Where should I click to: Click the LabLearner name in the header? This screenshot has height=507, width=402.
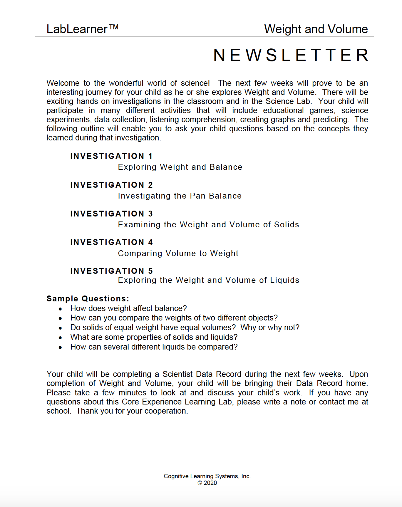click(x=77, y=29)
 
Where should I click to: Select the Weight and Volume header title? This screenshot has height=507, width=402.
click(x=316, y=29)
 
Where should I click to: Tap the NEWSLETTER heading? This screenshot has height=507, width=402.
click(x=291, y=55)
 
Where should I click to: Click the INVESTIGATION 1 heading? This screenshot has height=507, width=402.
click(x=111, y=156)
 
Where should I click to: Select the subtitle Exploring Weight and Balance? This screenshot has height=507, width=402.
click(x=180, y=167)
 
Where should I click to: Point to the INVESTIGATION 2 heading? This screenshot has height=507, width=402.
click(x=111, y=185)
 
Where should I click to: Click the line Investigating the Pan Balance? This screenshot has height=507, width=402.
click(x=180, y=196)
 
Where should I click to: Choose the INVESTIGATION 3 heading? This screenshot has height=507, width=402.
click(x=111, y=214)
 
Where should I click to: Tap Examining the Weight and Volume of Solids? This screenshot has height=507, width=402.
click(x=208, y=225)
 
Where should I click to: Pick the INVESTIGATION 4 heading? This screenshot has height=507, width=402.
click(x=111, y=242)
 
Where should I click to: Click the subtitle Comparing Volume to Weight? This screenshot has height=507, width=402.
click(x=178, y=253)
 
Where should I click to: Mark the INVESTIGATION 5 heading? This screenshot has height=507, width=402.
click(x=111, y=271)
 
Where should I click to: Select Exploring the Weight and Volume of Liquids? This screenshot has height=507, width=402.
click(x=209, y=280)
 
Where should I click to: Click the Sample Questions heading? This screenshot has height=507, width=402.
click(x=88, y=299)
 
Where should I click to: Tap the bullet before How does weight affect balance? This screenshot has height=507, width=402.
click(x=60, y=309)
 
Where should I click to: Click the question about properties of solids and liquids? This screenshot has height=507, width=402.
click(x=154, y=337)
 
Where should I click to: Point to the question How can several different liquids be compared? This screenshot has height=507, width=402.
click(x=154, y=347)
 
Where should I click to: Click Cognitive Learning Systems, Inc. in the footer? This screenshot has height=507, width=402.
click(x=207, y=476)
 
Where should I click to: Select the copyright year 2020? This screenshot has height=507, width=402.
click(x=210, y=483)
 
